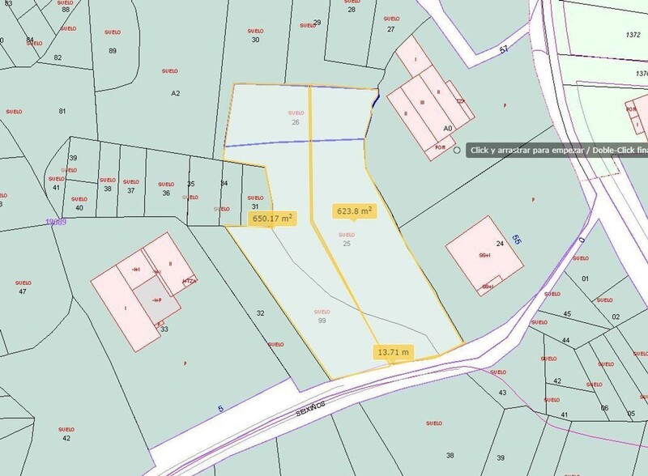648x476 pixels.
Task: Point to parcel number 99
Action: [322, 321]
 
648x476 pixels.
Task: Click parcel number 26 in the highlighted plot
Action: [296, 122]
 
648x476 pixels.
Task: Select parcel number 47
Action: [22, 291]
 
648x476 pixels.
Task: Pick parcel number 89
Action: [113, 50]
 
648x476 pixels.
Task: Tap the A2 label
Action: [175, 94]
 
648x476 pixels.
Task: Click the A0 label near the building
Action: [447, 128]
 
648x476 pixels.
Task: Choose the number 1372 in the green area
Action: [633, 35]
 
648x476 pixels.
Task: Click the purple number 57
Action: [504, 50]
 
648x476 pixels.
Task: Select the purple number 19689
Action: [55, 221]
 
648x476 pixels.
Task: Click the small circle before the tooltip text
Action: [458, 150]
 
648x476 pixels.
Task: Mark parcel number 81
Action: [62, 111]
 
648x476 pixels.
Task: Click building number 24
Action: [500, 244]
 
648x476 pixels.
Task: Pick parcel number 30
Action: [256, 40]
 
